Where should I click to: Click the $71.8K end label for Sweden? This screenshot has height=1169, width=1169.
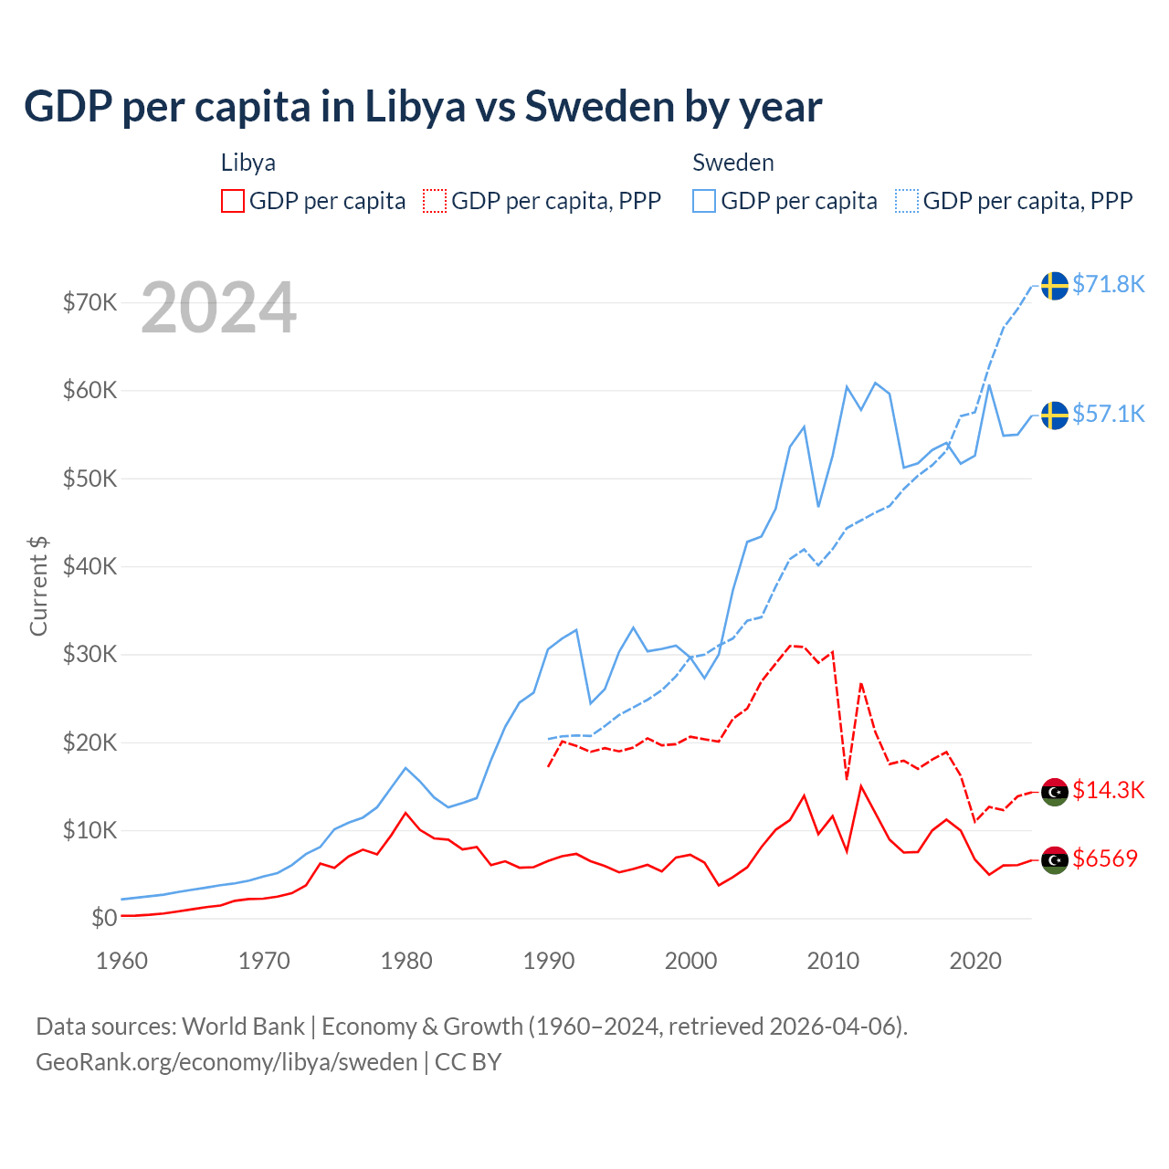(1108, 284)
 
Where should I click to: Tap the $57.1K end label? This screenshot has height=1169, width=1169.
(1108, 414)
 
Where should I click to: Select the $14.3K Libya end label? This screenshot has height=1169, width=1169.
(1108, 790)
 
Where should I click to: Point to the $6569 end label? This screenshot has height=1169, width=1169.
(1105, 858)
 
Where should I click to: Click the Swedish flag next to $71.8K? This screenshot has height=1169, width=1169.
(1055, 285)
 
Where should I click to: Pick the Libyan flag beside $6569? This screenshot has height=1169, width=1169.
(1055, 859)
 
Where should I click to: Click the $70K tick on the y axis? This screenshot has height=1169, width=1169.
(90, 302)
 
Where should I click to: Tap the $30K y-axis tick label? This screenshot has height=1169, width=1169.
(90, 654)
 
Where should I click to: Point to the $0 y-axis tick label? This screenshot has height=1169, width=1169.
(104, 918)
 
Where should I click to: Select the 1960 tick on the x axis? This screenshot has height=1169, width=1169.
(121, 961)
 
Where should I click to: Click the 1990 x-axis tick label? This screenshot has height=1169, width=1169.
(549, 961)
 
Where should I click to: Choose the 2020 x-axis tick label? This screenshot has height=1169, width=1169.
(975, 961)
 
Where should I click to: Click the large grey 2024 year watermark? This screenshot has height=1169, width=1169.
(219, 308)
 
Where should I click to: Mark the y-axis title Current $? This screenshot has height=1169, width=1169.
(38, 585)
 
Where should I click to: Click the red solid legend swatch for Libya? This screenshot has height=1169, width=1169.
(233, 201)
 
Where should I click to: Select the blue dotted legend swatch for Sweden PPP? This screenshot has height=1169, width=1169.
(907, 201)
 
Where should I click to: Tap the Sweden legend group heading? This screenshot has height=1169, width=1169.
(733, 163)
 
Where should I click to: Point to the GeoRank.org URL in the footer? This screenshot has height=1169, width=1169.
(226, 1062)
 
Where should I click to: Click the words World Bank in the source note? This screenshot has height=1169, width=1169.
(243, 1027)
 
